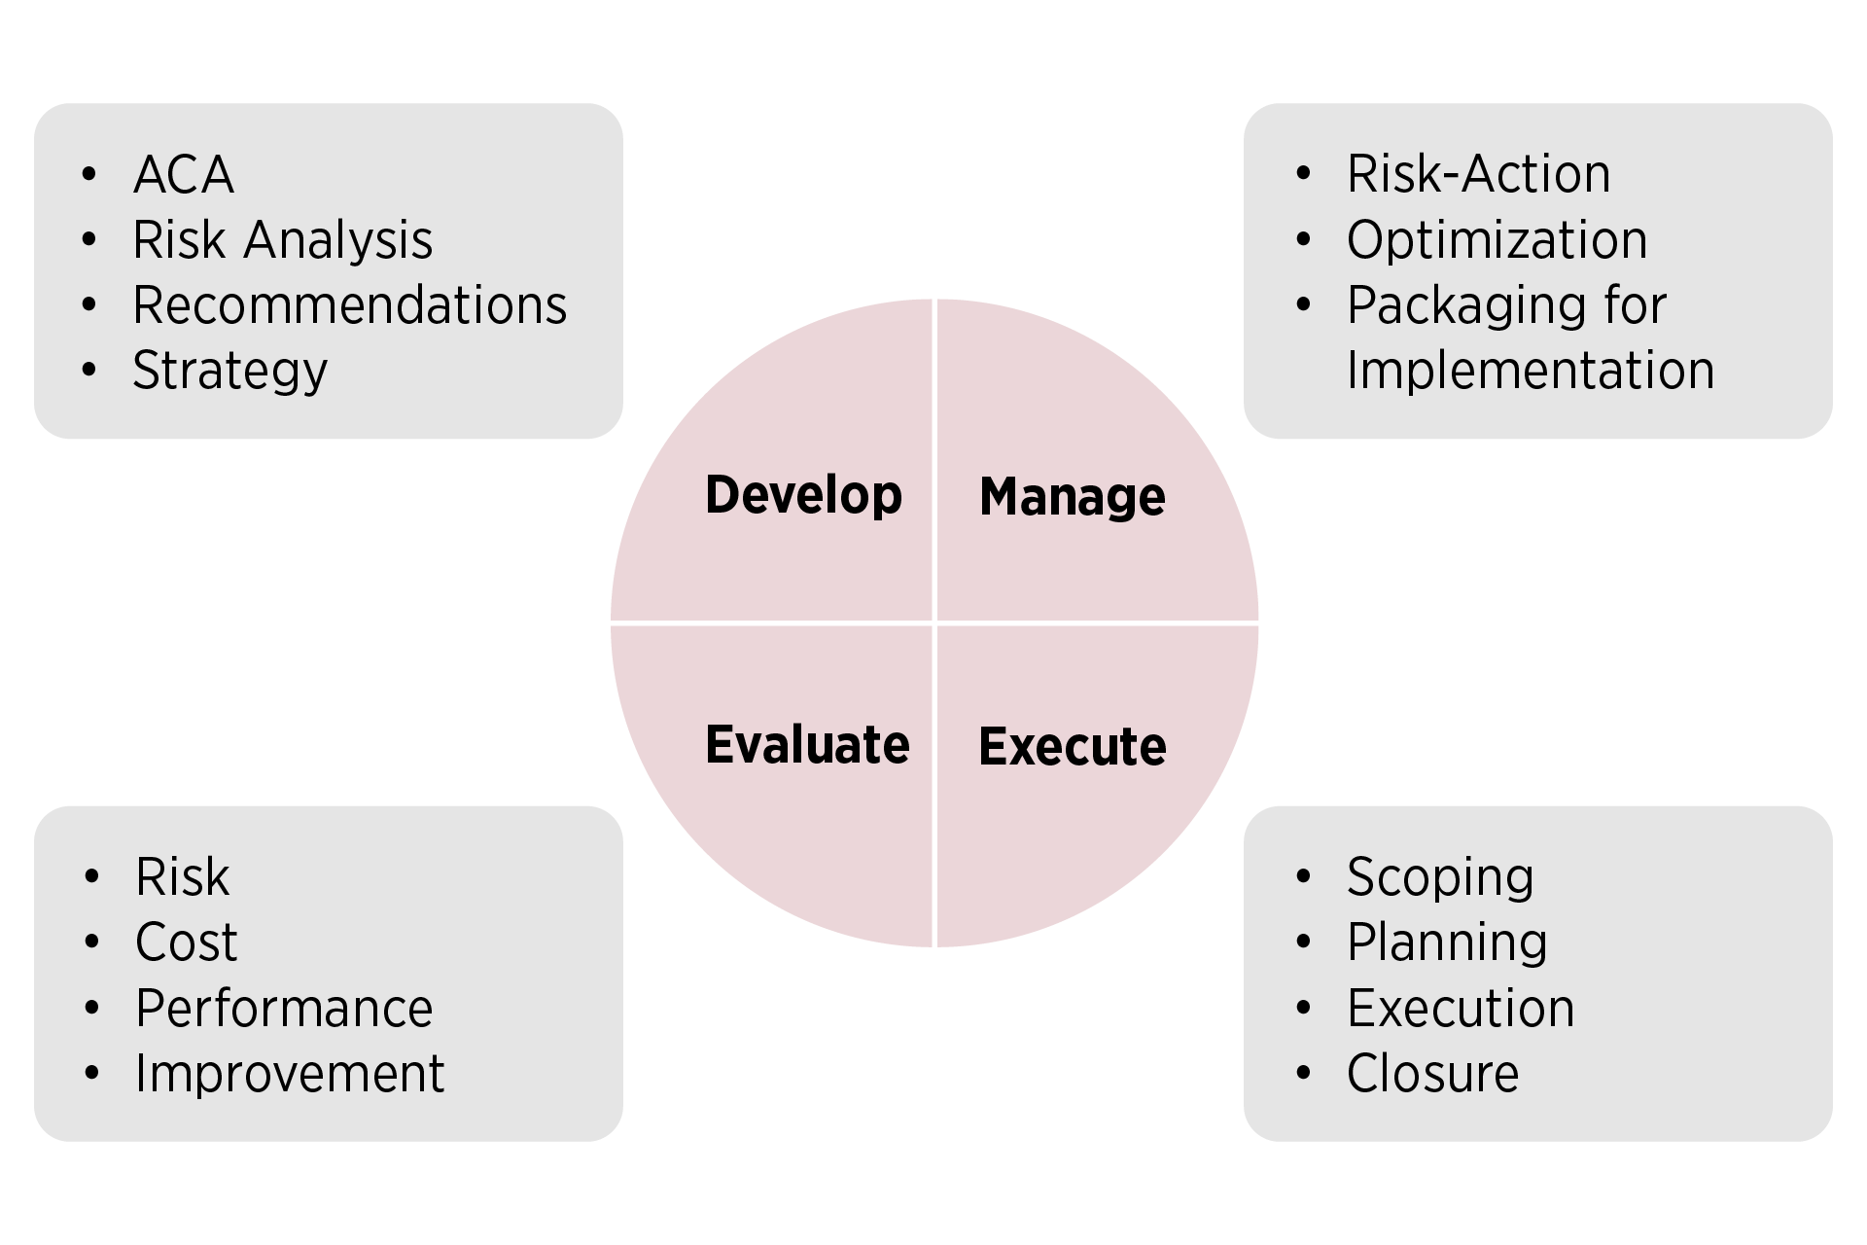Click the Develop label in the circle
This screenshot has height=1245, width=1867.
click(x=804, y=496)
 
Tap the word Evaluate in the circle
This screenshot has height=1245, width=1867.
click(x=807, y=745)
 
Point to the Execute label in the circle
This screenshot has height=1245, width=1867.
click(x=1073, y=747)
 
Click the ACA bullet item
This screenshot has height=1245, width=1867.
click(x=184, y=175)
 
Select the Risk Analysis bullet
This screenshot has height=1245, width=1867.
click(x=283, y=240)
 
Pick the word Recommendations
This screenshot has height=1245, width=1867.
click(x=350, y=305)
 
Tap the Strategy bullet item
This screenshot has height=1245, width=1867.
click(x=230, y=372)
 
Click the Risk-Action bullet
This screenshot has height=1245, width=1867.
click(x=1479, y=175)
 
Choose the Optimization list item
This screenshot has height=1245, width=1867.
click(x=1497, y=240)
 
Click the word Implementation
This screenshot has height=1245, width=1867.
click(x=1531, y=371)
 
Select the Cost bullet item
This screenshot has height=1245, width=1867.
click(x=187, y=943)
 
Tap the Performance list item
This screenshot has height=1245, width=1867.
click(x=284, y=1009)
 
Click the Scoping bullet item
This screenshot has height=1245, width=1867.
click(x=1440, y=878)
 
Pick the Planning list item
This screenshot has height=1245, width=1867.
click(x=1447, y=943)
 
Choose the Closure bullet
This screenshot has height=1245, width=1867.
click(x=1433, y=1074)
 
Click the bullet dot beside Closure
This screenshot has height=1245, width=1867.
click(x=1304, y=1074)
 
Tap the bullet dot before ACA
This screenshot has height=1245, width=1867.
click(x=89, y=175)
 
